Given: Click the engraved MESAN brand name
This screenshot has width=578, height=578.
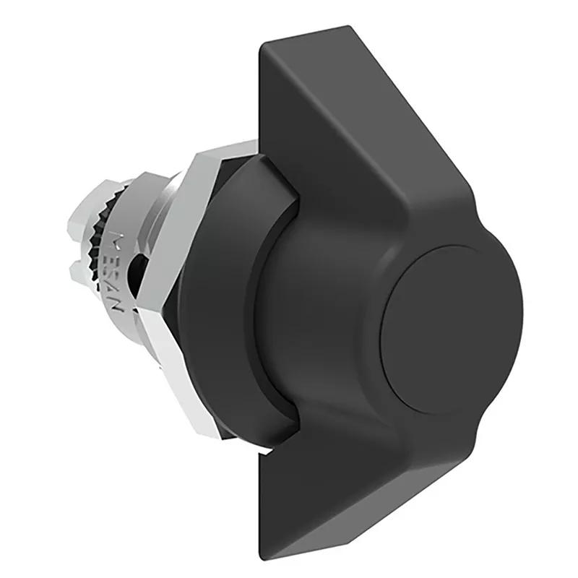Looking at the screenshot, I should pyautogui.click(x=121, y=271).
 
